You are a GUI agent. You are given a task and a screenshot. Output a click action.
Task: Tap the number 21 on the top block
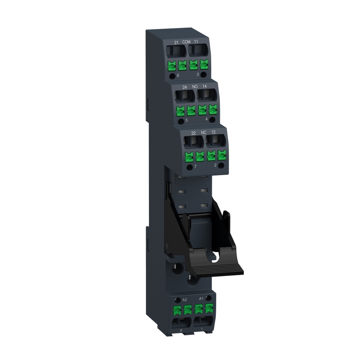(x=176, y=43)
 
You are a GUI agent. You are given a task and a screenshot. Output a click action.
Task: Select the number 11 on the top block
(x=196, y=42)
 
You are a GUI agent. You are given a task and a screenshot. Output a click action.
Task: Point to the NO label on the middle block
(x=195, y=87)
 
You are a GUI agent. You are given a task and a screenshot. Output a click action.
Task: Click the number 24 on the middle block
(x=185, y=87)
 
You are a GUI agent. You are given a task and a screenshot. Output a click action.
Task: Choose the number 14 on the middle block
(x=205, y=86)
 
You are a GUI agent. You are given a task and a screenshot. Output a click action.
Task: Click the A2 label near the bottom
(x=185, y=300)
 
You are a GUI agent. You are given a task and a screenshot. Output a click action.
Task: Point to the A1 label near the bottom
(x=201, y=298)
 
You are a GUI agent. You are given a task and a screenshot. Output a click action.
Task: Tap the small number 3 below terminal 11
(x=197, y=74)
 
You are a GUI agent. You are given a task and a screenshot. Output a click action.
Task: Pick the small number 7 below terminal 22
(x=195, y=166)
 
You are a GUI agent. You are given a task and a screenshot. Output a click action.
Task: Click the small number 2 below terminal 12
(x=215, y=165)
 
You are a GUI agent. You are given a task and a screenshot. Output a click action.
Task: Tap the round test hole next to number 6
(x=172, y=76)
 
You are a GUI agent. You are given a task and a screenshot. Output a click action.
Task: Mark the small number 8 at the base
(x=181, y=330)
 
